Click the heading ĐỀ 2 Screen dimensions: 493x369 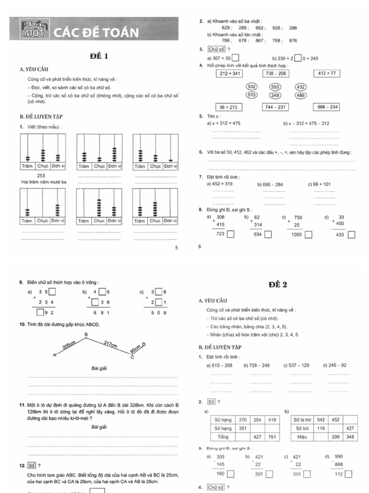(278, 285)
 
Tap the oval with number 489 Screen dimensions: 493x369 (301, 95)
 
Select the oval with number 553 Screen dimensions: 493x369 (275, 87)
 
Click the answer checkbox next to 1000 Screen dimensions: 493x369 (308, 234)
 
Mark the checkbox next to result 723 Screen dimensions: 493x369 (231, 234)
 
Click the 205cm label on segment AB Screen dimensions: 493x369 (70, 346)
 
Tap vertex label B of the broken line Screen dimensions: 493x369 (86, 334)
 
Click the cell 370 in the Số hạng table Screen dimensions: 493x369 (243, 420)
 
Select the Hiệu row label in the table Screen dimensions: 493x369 (303, 437)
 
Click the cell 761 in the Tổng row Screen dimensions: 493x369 (272, 437)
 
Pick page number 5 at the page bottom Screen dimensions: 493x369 (176, 247)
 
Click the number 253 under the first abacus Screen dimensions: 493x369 (41, 176)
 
